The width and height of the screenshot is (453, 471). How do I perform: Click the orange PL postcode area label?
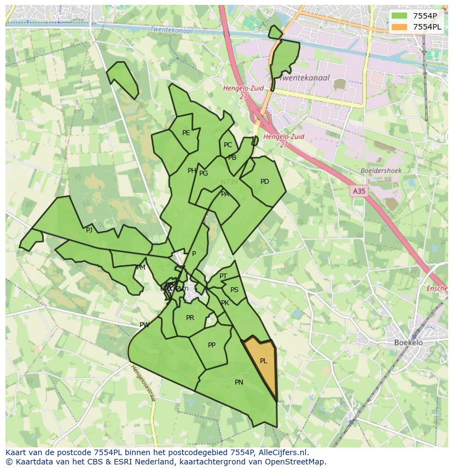click(263, 361)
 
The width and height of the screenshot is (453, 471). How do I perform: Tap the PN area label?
click(239, 382)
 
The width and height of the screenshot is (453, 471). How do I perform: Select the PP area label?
click(212, 345)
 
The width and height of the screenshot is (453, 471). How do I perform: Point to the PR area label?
click(190, 318)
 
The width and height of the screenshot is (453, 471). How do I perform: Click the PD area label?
click(265, 182)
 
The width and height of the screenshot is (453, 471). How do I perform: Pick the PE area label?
click(186, 133)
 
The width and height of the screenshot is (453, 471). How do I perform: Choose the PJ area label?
click(89, 230)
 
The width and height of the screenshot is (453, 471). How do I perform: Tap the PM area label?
click(141, 268)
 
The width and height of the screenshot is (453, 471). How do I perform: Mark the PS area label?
click(234, 290)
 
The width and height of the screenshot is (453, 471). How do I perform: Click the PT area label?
click(223, 276)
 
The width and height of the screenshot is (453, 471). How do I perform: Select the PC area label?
click(228, 145)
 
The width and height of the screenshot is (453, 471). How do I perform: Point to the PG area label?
click(204, 173)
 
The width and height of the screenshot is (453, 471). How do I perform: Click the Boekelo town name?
click(408, 343)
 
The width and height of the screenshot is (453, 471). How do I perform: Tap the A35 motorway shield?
click(358, 191)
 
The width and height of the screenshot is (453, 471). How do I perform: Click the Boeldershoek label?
click(381, 171)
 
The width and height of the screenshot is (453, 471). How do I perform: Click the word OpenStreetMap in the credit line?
click(296, 462)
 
